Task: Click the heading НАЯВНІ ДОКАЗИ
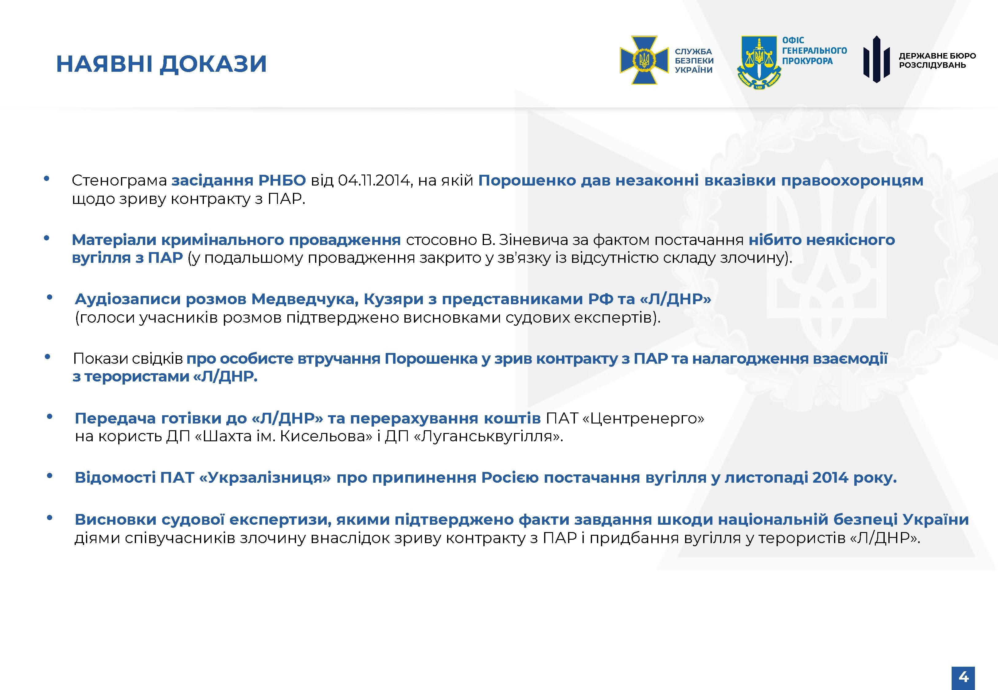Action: click(x=162, y=64)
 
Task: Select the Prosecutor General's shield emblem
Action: click(x=759, y=63)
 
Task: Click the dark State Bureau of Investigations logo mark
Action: click(x=876, y=59)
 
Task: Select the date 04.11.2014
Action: click(x=373, y=180)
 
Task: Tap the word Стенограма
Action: click(x=119, y=181)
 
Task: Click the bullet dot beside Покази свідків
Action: click(x=48, y=357)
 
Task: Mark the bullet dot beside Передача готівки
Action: click(x=50, y=417)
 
